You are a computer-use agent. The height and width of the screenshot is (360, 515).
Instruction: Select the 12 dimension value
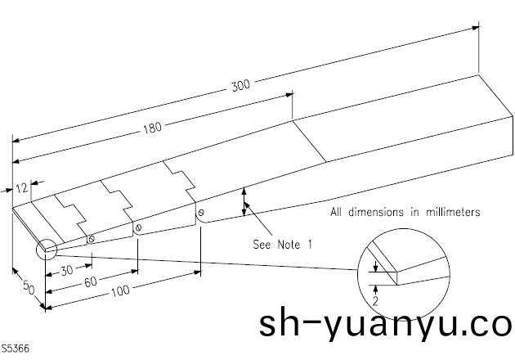22,187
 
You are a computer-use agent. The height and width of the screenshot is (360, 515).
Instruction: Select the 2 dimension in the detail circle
374,300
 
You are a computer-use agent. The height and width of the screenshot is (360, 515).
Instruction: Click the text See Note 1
283,244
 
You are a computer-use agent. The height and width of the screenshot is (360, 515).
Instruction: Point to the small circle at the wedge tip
44,247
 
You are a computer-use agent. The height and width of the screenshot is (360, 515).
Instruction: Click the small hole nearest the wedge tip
92,239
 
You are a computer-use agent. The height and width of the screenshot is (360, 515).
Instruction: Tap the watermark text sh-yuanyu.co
384,326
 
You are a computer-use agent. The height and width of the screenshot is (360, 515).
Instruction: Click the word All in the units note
339,212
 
